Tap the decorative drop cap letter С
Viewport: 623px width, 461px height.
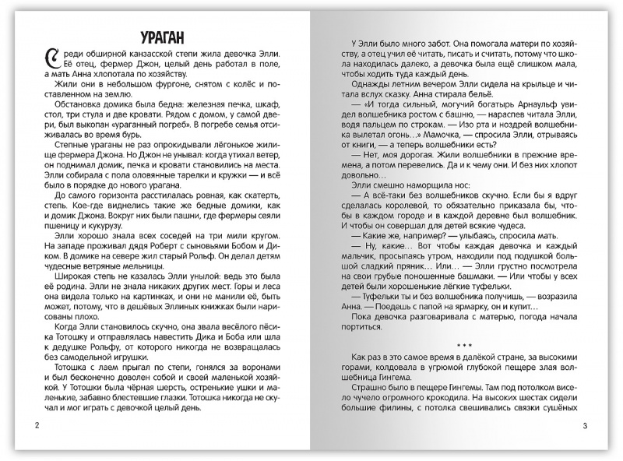(x=52, y=58)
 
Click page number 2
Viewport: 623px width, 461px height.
(x=28, y=426)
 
